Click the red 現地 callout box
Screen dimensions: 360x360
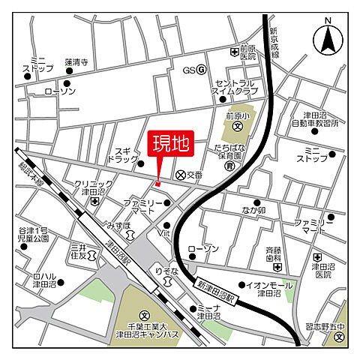172,144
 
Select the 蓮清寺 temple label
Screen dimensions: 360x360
76,62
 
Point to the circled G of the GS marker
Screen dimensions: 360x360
201,70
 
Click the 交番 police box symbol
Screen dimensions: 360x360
180,174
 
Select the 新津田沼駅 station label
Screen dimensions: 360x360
217,292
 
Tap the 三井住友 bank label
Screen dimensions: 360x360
79,251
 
